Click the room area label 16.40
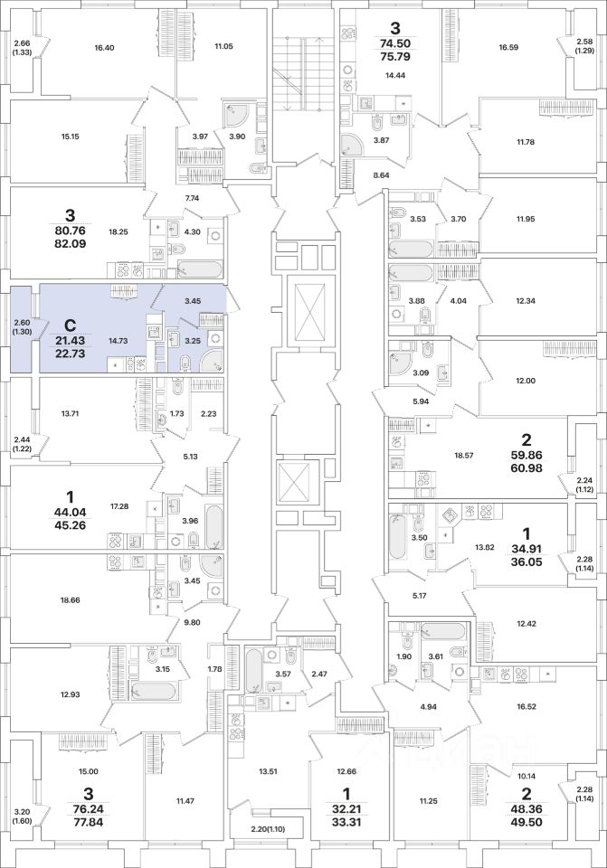105,48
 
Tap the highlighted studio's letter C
70,325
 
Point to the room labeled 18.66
71,599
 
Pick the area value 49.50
526,822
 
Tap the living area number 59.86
526,456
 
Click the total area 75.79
395,56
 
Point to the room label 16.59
508,48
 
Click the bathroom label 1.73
177,413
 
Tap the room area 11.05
223,46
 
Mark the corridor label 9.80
192,622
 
